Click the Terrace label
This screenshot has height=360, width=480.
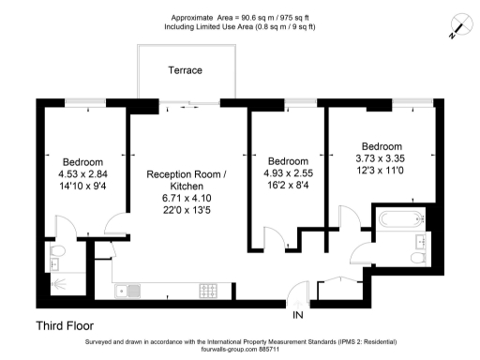click(x=186, y=70)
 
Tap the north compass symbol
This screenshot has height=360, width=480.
click(x=457, y=26)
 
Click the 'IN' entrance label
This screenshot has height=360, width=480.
click(x=298, y=313)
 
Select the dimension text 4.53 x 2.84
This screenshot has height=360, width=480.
click(x=82, y=172)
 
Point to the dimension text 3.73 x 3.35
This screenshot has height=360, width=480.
click(x=382, y=158)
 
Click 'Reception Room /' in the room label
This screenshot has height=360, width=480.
click(x=186, y=174)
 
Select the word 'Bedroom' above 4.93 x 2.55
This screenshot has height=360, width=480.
click(x=287, y=160)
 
